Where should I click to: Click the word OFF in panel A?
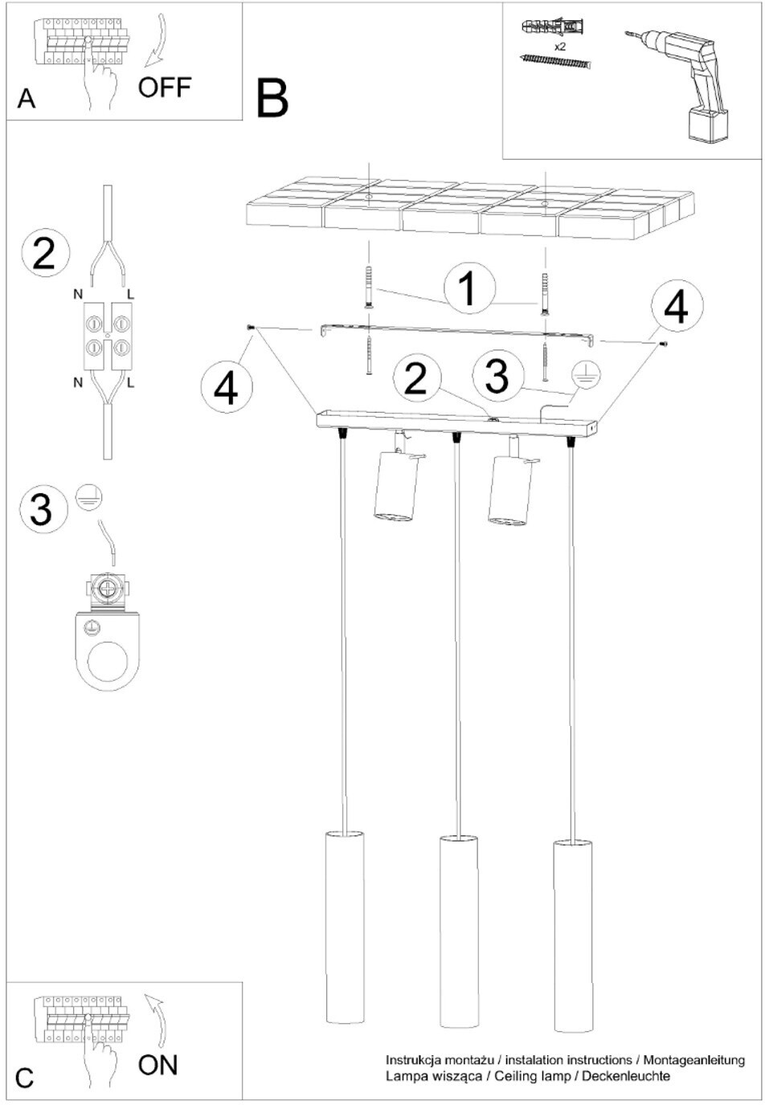point(164,88)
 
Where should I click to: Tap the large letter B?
point(272,99)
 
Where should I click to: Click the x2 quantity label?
point(559,47)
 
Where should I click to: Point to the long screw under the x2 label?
point(556,62)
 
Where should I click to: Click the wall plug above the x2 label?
point(552,27)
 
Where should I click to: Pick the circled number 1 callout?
point(469,288)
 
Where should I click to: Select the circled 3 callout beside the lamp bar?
point(497,376)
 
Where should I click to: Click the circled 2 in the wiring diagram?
point(45,254)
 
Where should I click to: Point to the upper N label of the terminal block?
point(78,295)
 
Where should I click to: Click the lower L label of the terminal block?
point(130,382)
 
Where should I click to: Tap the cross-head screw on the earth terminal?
point(108,588)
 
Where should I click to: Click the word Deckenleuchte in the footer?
point(626,1075)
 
